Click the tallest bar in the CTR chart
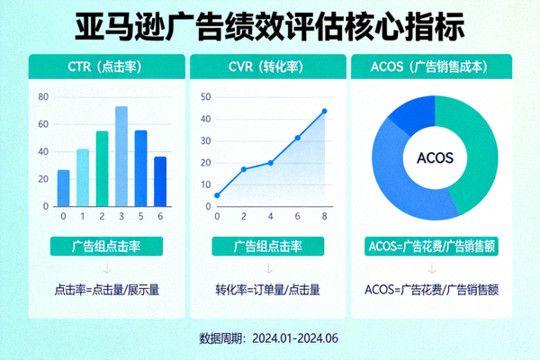[121, 157]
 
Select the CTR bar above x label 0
[63, 188]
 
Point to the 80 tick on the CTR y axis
[43, 96]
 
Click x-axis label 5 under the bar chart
[140, 217]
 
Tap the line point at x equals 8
[324, 111]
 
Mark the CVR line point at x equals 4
[270, 163]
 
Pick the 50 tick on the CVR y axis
[205, 97]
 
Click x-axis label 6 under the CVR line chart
[297, 217]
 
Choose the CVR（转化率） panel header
[269, 66]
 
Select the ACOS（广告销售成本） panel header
[435, 66]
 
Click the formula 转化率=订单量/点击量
[269, 290]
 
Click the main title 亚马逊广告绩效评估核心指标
[269, 25]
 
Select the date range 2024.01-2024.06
[295, 338]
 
